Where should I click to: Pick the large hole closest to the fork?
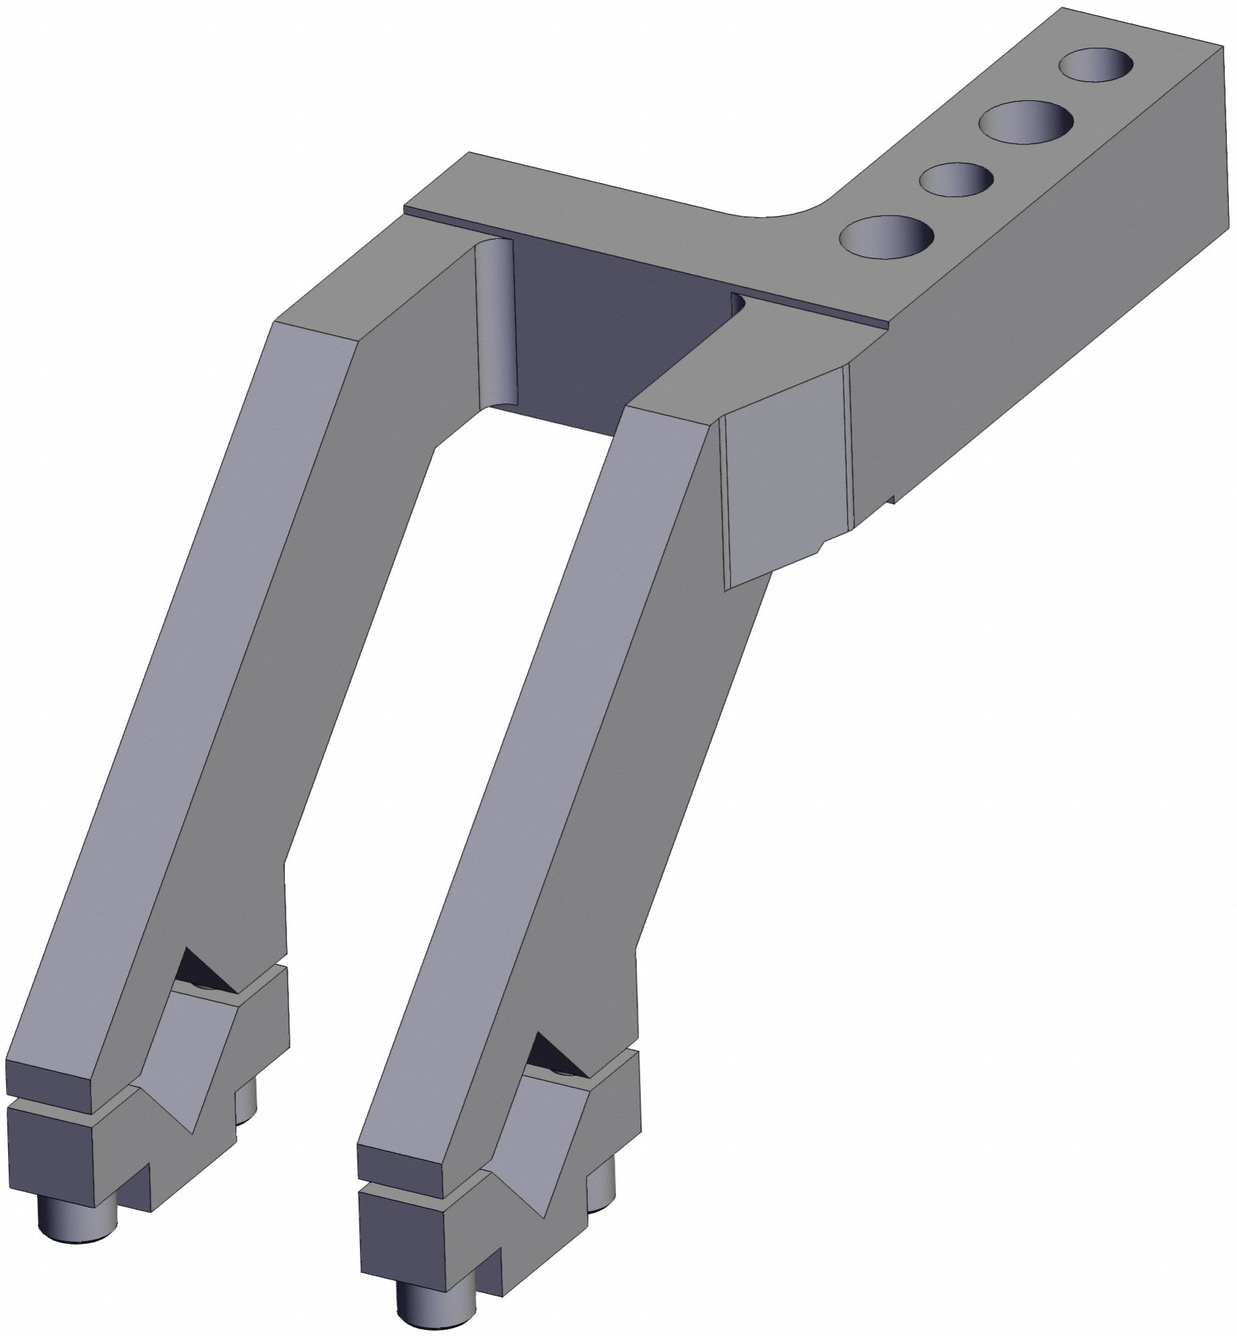click(887, 237)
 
